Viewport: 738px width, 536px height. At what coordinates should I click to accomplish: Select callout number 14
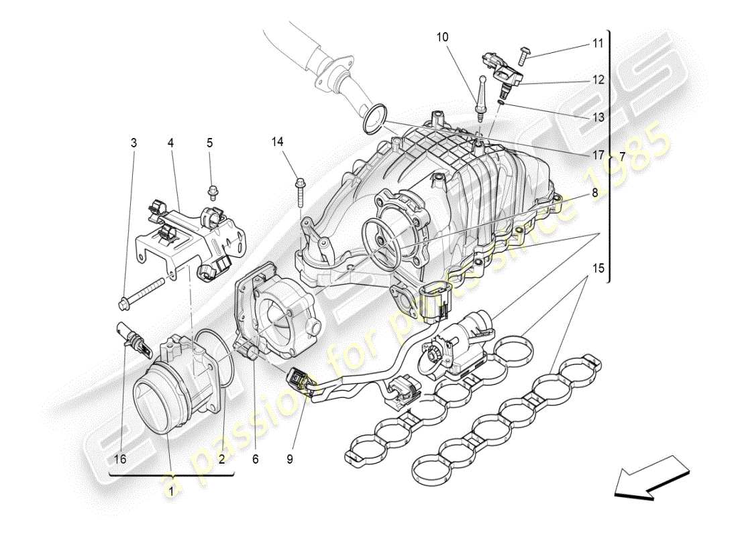(x=278, y=141)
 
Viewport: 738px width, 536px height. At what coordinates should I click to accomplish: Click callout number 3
(x=134, y=143)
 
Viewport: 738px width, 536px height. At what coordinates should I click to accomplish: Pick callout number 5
(x=209, y=143)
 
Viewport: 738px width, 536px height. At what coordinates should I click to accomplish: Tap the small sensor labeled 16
(x=131, y=338)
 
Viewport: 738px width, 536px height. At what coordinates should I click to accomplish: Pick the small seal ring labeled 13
(x=501, y=100)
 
